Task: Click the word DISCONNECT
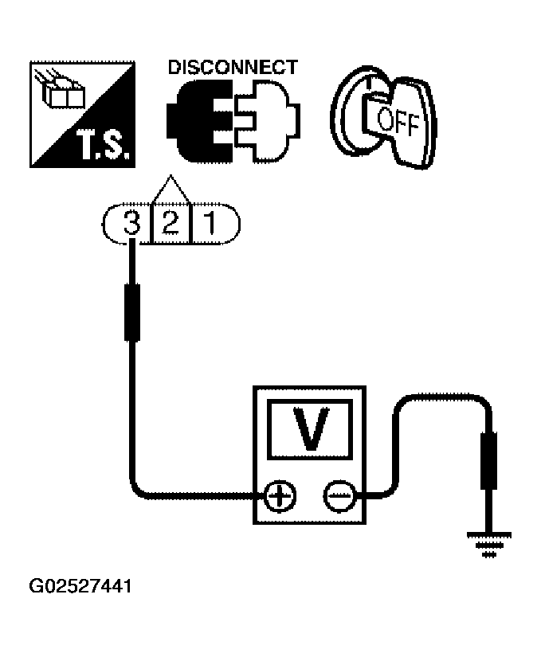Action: tap(233, 68)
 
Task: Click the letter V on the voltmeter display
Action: tap(308, 429)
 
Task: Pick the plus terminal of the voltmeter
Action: tap(279, 498)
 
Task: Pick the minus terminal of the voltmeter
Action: tap(337, 498)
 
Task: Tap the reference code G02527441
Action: tap(80, 588)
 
